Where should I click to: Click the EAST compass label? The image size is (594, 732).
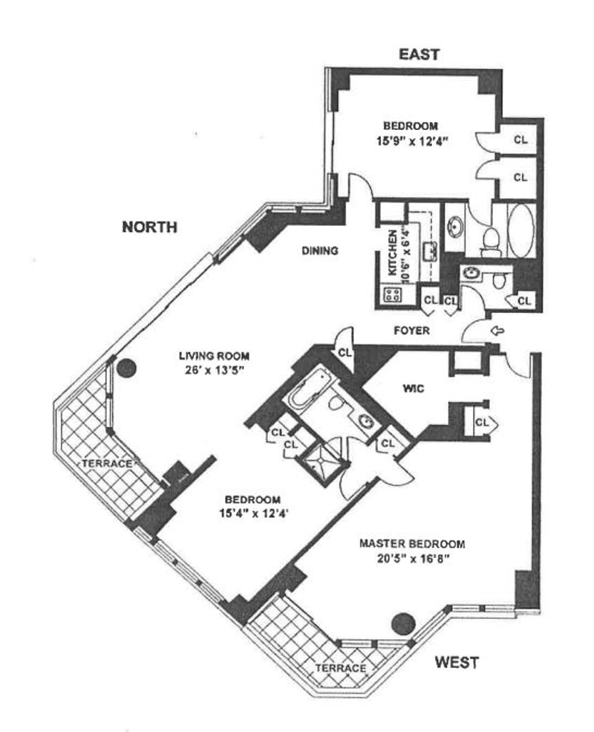pos(420,54)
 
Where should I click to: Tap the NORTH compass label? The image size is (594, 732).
pos(149,227)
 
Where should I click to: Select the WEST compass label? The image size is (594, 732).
pos(456,661)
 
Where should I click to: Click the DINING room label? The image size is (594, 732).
pos(319,251)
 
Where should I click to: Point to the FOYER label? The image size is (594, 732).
pos(411,331)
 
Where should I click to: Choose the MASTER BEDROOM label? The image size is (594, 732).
pos(411,543)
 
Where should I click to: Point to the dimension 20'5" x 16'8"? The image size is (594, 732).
pos(411,558)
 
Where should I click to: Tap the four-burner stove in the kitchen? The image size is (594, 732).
pos(392,294)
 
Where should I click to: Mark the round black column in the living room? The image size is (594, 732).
pos(127,366)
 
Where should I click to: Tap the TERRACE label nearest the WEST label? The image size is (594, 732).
pos(340,668)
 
